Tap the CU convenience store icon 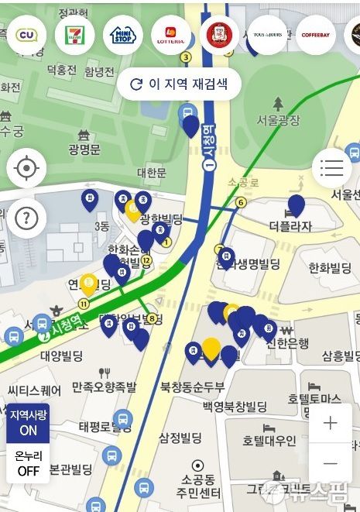coord(26,35)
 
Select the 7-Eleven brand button coord(74,35)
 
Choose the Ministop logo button coord(122,35)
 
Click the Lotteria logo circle coord(170,35)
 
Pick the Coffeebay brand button coord(315,35)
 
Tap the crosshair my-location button coord(26,167)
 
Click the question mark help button coord(26,218)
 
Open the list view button coord(331,167)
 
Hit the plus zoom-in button coord(331,423)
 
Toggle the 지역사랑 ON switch coord(28,422)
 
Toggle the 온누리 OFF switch coord(28,463)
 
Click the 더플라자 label coord(290,227)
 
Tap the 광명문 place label coord(84,149)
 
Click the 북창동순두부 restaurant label coord(192,387)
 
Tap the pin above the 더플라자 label coord(296,205)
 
